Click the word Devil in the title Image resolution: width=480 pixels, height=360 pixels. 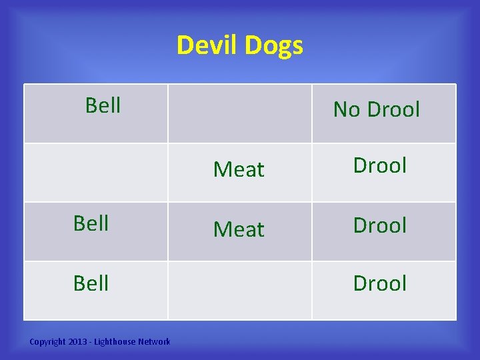[x=207, y=45]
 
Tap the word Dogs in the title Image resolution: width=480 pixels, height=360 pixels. [x=274, y=46]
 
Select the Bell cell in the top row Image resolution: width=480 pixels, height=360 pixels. [x=103, y=105]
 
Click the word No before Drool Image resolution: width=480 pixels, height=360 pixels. [x=347, y=109]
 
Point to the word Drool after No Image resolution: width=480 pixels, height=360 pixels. [x=393, y=109]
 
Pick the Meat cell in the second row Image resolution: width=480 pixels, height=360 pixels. [x=239, y=170]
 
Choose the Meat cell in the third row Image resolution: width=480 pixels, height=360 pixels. [x=239, y=229]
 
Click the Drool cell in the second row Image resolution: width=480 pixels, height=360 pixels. [x=379, y=165]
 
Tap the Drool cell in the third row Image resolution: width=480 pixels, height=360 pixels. [x=379, y=225]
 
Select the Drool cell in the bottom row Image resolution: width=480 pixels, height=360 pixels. [x=379, y=283]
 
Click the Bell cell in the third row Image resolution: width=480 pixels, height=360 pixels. [x=91, y=223]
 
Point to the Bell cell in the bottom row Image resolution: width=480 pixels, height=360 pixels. [x=91, y=283]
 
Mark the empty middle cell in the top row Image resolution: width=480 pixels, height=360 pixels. [x=239, y=113]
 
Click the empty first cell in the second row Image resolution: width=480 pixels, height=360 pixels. [x=95, y=173]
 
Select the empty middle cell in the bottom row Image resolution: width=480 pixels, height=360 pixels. [x=239, y=290]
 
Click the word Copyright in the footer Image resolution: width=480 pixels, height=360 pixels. [x=48, y=342]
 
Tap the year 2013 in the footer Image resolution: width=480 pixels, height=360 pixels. [x=79, y=342]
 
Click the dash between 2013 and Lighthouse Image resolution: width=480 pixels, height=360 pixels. [x=93, y=342]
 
